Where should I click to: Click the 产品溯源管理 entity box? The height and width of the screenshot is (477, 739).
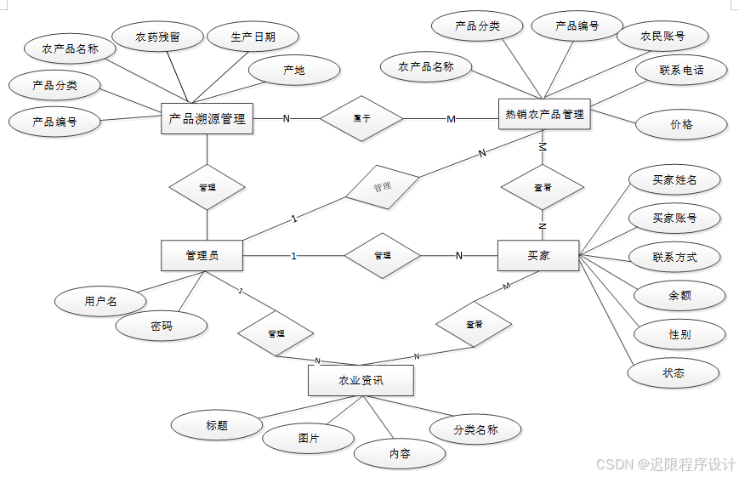[207, 119]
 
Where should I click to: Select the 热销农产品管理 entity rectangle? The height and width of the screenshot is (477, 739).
[544, 114]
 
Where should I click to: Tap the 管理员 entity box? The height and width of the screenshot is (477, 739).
[202, 255]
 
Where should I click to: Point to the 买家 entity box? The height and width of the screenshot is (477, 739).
[538, 255]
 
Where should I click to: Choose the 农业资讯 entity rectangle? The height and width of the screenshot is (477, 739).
[361, 380]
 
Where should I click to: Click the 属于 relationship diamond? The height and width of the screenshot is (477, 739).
[361, 118]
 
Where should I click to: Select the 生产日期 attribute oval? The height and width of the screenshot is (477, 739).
[253, 37]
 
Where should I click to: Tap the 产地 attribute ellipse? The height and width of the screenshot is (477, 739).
[293, 71]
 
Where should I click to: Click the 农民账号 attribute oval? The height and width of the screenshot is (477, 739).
[662, 37]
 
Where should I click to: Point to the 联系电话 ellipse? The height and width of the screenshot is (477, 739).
[681, 70]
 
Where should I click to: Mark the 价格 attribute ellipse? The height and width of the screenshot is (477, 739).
[681, 124]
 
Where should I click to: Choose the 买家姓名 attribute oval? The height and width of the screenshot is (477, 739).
[674, 179]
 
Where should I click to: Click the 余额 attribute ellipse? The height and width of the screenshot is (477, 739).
[679, 296]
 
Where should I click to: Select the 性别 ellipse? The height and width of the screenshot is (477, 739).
[679, 334]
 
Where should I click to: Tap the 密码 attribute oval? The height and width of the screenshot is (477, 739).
[162, 326]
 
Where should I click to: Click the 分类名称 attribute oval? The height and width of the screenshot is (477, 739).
[475, 429]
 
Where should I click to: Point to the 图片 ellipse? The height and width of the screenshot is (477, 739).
[308, 438]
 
